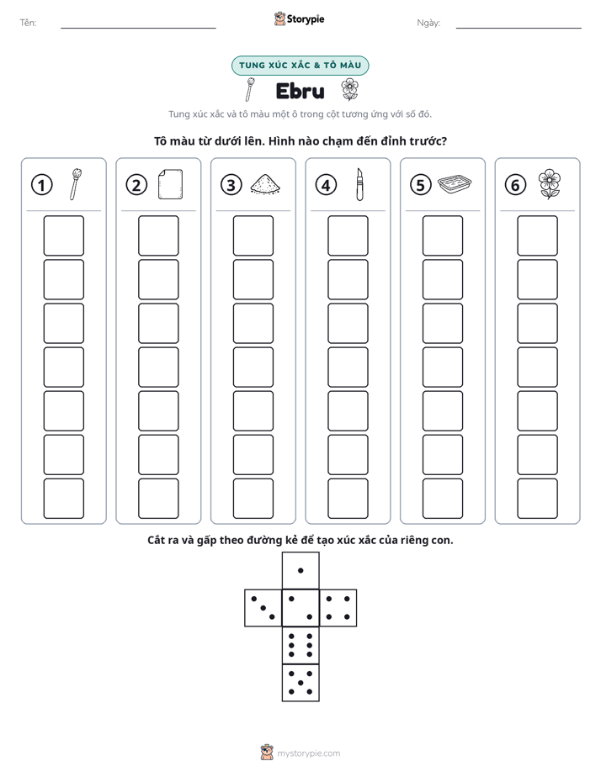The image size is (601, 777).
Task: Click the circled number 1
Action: [x=41, y=185]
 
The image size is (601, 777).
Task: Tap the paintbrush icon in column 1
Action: [x=76, y=184]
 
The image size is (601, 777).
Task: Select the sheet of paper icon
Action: [x=171, y=184]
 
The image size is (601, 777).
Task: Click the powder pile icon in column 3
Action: [x=265, y=184]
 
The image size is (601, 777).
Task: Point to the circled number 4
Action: [x=326, y=185]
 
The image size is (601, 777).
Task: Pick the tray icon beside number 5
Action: [x=455, y=184]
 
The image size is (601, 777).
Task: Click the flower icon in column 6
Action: [x=550, y=184]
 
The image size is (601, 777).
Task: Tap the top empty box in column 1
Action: [x=63, y=235]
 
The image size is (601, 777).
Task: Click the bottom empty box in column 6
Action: [x=538, y=499]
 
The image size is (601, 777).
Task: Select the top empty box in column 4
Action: [x=348, y=235]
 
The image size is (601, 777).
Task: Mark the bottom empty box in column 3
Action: [x=253, y=499]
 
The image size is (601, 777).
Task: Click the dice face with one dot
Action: [x=300, y=570]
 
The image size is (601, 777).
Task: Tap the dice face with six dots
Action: [x=300, y=645]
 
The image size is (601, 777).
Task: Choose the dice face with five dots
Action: [x=300, y=683]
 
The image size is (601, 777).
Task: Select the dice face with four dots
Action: [x=338, y=608]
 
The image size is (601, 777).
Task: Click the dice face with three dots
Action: [x=263, y=608]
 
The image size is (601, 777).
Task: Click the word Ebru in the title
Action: [x=300, y=91]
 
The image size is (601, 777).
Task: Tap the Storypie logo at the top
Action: [x=300, y=19]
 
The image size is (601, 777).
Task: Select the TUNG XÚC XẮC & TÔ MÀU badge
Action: [x=300, y=66]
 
